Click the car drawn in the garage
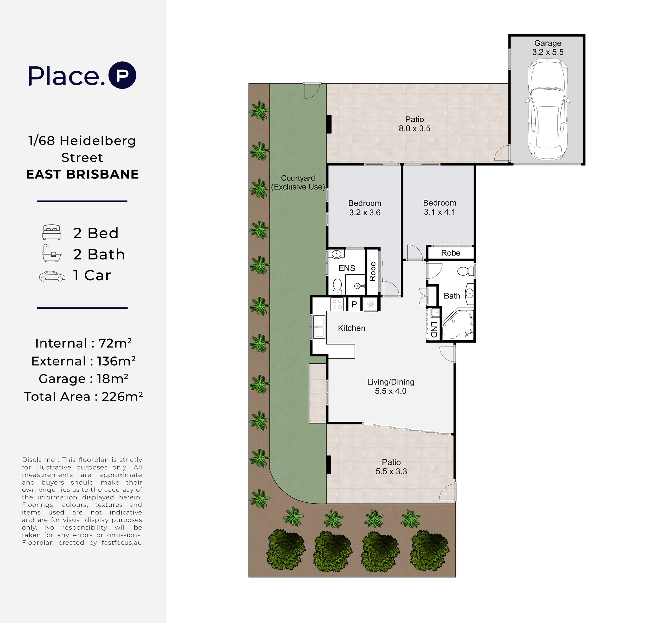coord(547,109)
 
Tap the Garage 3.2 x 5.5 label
coord(548,47)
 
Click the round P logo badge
coord(123,75)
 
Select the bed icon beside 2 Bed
coord(52,232)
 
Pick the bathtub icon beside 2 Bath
coord(52,253)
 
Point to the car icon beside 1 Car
coord(52,276)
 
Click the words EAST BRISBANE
coord(82,174)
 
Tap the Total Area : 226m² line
coord(83,397)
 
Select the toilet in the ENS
coord(337,287)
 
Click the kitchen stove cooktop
coord(337,304)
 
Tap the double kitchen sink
coord(319,327)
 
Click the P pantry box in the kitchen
coord(354,304)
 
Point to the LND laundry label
coord(434,329)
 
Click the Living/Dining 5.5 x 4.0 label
coord(390,386)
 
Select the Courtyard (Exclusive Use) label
coord(298,182)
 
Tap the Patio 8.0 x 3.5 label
coord(414,124)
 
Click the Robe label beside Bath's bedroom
coord(451,253)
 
